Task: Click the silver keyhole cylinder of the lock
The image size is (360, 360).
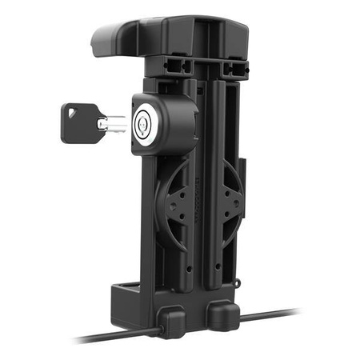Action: pyautogui.click(x=145, y=122)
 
